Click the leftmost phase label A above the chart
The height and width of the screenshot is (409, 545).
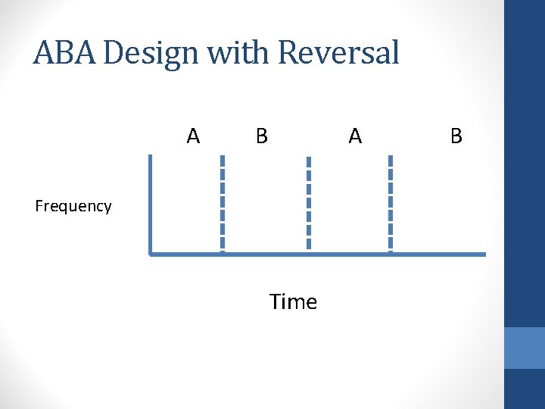pos(194,136)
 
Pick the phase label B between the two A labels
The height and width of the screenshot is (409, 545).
pos(261,136)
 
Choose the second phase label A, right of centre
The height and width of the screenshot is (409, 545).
pos(355,136)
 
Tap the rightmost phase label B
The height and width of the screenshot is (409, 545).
pos(456,136)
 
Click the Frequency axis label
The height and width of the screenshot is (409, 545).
pos(73,206)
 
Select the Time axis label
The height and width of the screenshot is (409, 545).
pos(293,302)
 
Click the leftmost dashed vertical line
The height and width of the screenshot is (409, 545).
pos(223,203)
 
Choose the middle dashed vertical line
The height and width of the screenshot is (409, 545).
pos(308,203)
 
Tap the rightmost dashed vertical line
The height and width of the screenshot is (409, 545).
pos(390,203)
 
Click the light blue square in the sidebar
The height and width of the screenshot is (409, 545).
pos(525,348)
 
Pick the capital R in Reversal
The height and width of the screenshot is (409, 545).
pos(288,53)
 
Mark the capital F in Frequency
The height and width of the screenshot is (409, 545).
pos(39,205)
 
